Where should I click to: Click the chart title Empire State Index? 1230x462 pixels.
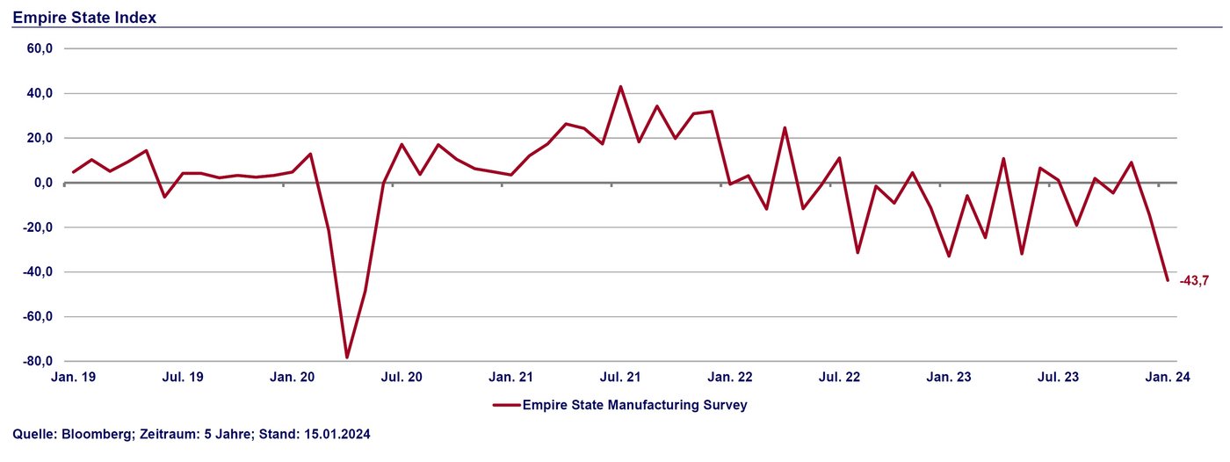(84, 17)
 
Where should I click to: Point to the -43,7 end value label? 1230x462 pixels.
(1194, 280)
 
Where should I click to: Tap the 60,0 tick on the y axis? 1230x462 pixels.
(40, 49)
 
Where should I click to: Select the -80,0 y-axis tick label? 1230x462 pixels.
(39, 361)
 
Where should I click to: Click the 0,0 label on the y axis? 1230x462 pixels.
(43, 183)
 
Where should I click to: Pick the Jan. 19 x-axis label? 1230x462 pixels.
(74, 377)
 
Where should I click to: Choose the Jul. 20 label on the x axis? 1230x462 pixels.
(402, 377)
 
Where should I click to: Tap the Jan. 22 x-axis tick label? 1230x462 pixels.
(731, 377)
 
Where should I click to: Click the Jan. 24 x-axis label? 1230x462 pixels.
(1168, 377)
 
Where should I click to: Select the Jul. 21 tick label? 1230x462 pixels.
(620, 377)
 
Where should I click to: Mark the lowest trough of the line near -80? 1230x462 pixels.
(347, 357)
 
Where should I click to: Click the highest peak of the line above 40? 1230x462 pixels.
(620, 86)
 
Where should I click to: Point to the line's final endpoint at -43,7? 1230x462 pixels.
(1168, 280)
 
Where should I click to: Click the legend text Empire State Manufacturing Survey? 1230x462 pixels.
(634, 405)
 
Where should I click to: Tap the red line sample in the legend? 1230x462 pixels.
(506, 405)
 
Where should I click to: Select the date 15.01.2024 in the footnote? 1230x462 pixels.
(336, 435)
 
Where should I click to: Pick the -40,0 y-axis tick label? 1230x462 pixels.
(39, 272)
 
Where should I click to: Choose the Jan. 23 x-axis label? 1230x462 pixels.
(950, 377)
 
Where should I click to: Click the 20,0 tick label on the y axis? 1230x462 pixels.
(40, 138)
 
